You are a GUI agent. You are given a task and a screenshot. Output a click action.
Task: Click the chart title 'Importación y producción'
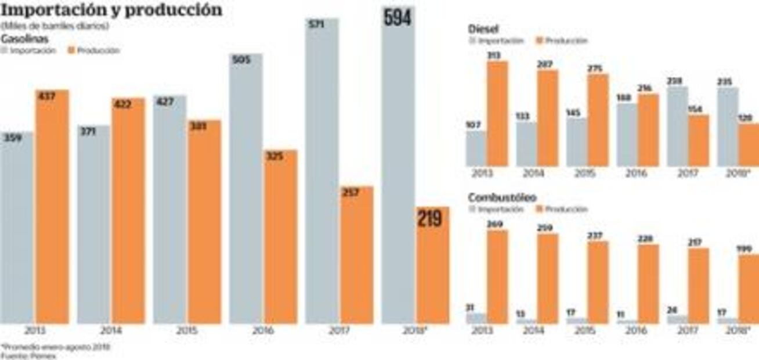pos(111,10)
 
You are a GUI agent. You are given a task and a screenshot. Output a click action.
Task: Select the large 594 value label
pos(397,17)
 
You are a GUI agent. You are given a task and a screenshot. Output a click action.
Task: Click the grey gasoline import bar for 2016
pos(245,192)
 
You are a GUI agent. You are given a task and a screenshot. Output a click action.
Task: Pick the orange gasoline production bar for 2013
pos(52,209)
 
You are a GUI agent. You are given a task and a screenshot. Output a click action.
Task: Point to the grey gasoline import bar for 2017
pos(321,174)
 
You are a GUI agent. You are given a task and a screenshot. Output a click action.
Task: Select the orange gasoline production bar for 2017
pos(357,255)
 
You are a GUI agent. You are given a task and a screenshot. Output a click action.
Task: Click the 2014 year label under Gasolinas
pos(110,330)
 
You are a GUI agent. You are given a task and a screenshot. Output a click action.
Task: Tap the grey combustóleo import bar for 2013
pos(476,318)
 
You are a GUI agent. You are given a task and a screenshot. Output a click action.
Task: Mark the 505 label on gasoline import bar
pos(245,62)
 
